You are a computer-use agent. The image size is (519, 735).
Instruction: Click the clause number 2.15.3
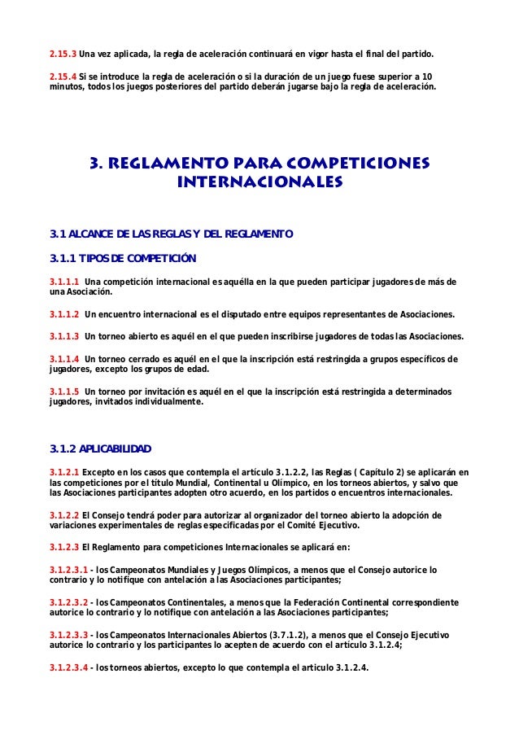[63, 55]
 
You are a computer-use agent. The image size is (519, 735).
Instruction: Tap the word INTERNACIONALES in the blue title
[259, 181]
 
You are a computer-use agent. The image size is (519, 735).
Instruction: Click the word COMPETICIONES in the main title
[354, 163]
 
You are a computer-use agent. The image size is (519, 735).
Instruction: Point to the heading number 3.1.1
[63, 259]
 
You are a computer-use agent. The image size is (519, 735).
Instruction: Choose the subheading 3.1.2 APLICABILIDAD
[101, 449]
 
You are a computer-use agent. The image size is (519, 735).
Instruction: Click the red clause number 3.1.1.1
[65, 282]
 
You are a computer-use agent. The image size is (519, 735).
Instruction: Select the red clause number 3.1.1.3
[65, 336]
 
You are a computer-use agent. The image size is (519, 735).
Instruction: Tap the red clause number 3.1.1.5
[65, 391]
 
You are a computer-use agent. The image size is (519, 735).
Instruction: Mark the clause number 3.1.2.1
[65, 472]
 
